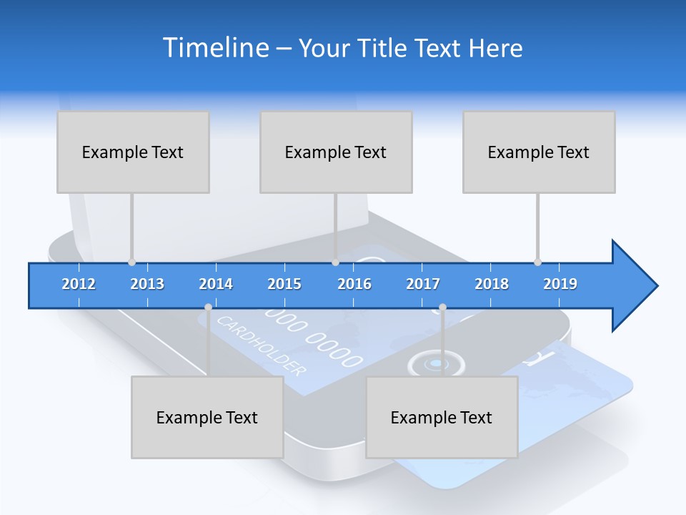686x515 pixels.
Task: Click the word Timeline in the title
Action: click(215, 48)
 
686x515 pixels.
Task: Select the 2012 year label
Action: click(79, 284)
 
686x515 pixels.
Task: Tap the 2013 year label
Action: click(147, 284)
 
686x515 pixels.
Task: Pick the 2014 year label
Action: click(216, 284)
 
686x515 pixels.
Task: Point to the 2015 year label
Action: click(284, 284)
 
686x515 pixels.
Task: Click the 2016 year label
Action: click(354, 284)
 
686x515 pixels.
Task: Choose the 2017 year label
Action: click(423, 284)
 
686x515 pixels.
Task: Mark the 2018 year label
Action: click(492, 284)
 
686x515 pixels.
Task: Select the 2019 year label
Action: click(560, 284)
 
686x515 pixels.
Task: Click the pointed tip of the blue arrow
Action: click(656, 286)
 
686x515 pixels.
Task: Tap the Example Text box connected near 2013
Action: click(133, 152)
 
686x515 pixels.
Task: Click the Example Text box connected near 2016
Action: click(336, 152)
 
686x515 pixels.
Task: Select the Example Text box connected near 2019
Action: click(539, 152)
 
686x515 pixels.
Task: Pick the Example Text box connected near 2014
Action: click(207, 417)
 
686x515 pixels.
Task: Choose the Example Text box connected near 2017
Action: click(442, 417)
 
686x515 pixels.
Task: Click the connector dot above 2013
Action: click(131, 263)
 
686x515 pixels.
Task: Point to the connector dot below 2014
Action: click(208, 308)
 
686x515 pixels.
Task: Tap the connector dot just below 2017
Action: click(442, 308)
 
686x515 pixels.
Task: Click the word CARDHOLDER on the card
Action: click(261, 345)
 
